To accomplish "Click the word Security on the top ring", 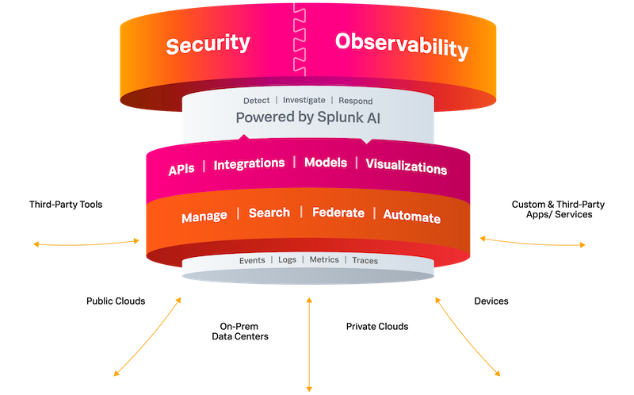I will coord(208,44).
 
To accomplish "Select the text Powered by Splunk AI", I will coord(305,117).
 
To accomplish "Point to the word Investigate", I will coord(305,101).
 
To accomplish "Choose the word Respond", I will coord(355,101).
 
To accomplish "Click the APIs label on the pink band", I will coord(181,170).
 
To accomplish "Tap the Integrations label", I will coord(249,163).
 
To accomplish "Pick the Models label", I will coord(326,163).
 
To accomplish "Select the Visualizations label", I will coord(406,168).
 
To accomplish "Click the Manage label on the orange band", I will coord(204,216).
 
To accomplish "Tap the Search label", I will coord(269,213).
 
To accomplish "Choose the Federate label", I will coord(338,213).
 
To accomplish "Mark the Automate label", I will coord(411,216).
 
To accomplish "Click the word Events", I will coord(254,260).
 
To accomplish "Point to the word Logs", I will coord(287,260).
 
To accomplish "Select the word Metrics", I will coord(323,260).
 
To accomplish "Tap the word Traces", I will coord(365,260).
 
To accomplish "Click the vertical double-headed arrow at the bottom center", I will coord(308,345).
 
